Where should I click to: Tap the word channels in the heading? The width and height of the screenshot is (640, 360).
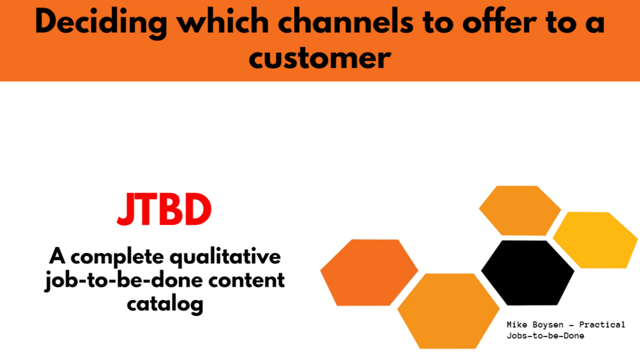(x=346, y=22)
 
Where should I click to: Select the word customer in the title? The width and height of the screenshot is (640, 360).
(x=320, y=58)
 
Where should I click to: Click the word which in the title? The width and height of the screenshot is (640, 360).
(x=222, y=22)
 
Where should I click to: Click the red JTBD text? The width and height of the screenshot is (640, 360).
(x=164, y=210)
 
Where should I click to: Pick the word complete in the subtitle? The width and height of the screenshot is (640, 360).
(x=117, y=257)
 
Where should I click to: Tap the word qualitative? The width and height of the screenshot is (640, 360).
(x=225, y=257)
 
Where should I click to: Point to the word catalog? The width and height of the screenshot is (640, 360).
(x=165, y=304)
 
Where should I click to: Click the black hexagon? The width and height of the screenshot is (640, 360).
(x=528, y=273)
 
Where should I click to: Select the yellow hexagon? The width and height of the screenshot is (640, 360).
(x=595, y=240)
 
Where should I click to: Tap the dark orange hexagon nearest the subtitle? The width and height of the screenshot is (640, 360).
(x=369, y=272)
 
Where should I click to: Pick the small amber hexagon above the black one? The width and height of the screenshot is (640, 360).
(x=520, y=211)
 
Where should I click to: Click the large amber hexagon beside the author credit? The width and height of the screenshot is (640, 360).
(x=448, y=311)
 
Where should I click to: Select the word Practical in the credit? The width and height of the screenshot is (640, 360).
(x=602, y=325)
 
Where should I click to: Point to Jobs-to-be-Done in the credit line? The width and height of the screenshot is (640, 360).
(x=545, y=336)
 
